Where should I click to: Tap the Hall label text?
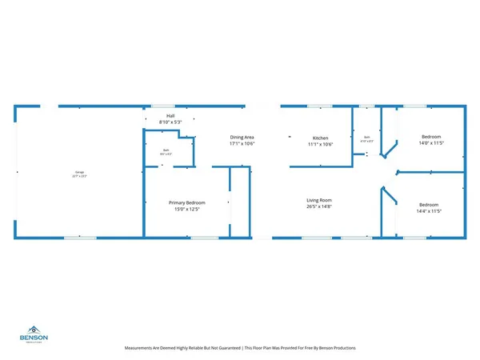click(x=170, y=116)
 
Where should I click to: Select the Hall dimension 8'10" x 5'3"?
click(x=170, y=122)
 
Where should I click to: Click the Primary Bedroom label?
click(x=187, y=203)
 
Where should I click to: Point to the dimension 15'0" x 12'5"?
click(x=187, y=210)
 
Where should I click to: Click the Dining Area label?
click(x=242, y=138)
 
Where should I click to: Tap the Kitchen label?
click(x=320, y=138)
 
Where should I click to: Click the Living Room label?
click(x=319, y=200)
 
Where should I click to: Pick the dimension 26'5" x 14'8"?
click(x=319, y=207)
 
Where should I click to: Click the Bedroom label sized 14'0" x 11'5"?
click(x=431, y=138)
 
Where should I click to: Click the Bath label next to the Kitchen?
click(x=366, y=137)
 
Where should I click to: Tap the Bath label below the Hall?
click(x=166, y=150)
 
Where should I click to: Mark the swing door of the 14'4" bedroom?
click(x=389, y=196)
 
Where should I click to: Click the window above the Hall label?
click(x=163, y=106)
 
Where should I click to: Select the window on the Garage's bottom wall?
click(x=80, y=238)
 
